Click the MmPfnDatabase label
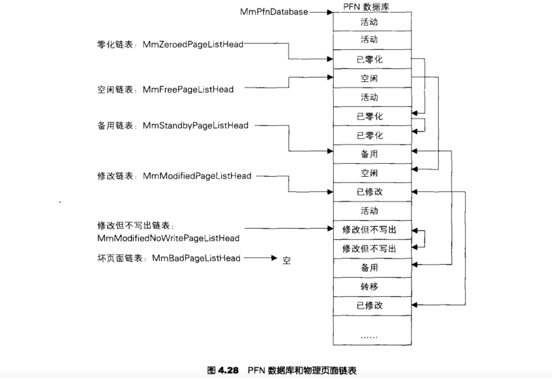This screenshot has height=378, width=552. pos(274,12)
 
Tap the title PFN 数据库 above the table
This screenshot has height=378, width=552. pos(366,7)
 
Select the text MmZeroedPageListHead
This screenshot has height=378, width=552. pos(193,44)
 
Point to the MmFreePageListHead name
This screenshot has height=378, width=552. pos(188,89)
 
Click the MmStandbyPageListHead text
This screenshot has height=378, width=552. pos(196,126)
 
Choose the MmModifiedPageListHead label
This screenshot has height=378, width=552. pos(197,176)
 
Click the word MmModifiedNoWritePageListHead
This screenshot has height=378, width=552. pos(168,238)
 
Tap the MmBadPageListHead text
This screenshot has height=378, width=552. pos(196,258)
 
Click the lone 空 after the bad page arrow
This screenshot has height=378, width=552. pos(287,260)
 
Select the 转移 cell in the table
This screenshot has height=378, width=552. pos(369,287)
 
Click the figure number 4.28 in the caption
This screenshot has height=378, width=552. pos(228,370)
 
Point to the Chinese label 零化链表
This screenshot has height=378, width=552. pos(115,45)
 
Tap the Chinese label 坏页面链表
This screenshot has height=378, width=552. pos(120,258)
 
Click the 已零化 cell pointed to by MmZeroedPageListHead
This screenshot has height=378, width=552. pos(369,59)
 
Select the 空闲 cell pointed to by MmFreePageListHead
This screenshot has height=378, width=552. pos(369,78)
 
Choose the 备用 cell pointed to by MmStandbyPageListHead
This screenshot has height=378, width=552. pos(369,154)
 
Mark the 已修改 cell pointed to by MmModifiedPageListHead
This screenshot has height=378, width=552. pos(369,192)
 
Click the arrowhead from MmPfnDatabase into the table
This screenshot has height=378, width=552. pos(330,12)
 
